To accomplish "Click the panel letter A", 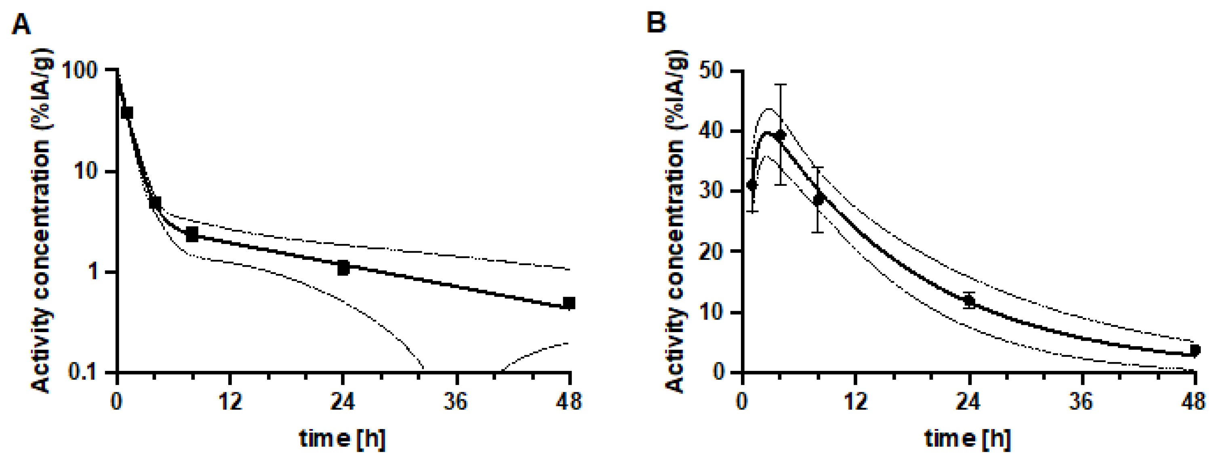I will [x=21, y=25].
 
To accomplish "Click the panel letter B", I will [x=656, y=23].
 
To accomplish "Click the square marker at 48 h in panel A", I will [x=569, y=303].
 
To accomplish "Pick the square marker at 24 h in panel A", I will [x=343, y=267].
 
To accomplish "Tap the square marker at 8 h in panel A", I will [x=192, y=234].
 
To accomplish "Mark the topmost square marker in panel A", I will [x=127, y=112].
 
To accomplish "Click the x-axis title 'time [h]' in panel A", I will [x=343, y=438].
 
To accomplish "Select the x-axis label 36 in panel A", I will [x=456, y=402].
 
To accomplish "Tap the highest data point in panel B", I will [x=781, y=135].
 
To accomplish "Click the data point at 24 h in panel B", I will [x=969, y=300].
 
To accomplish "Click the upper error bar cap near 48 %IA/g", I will [x=781, y=85].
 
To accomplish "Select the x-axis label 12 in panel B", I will [x=855, y=402].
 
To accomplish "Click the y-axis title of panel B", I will [x=675, y=221].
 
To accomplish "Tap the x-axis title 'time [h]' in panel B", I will [x=968, y=438].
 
